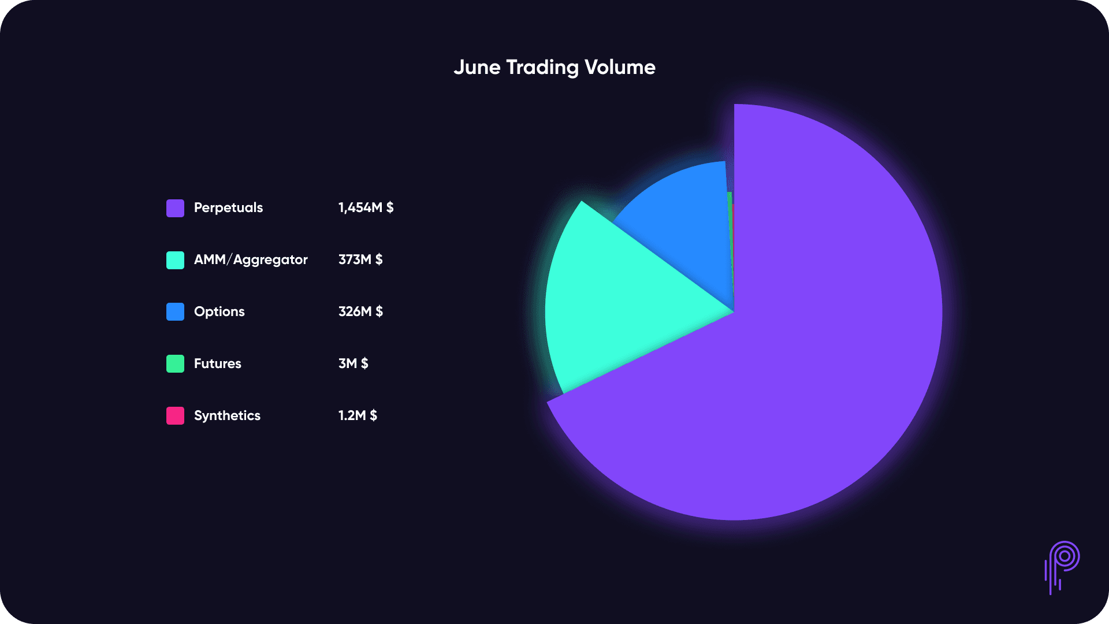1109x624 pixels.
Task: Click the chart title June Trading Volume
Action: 554,68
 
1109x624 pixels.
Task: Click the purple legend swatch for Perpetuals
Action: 175,208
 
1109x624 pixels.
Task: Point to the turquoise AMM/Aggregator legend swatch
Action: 175,260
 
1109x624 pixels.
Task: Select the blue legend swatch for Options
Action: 175,312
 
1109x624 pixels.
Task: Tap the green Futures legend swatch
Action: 175,364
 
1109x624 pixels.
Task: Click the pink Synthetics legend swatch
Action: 175,416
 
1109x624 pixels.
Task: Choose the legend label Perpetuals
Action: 228,208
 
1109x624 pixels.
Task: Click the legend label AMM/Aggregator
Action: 251,260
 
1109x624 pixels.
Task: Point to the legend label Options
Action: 219,312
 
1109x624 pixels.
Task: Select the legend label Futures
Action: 218,364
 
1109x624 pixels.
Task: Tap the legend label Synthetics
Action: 227,416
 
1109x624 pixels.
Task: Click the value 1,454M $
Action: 366,208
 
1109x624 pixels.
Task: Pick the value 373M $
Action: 360,260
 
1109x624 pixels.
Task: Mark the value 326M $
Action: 360,312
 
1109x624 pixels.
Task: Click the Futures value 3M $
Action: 353,364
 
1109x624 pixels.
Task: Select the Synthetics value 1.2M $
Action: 358,416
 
